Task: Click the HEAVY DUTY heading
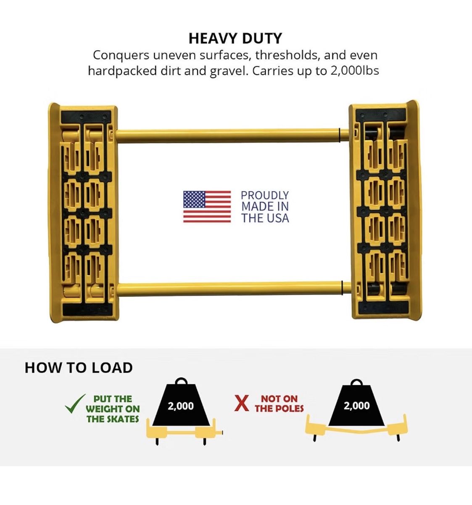coord(235,38)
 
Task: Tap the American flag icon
coord(207,207)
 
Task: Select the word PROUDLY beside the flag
coord(265,196)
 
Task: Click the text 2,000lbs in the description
coord(355,71)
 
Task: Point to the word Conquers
coord(121,56)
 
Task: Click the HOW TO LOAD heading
coord(79,368)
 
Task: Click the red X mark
coord(242,404)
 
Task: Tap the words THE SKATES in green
coord(113,419)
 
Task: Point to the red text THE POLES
coord(279,409)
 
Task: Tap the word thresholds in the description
coord(287,56)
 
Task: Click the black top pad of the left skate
coord(86,117)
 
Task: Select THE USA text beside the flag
coord(265,218)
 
